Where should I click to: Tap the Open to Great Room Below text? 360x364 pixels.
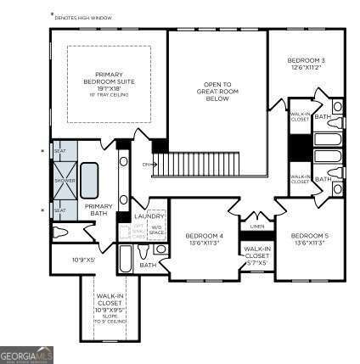(x=216, y=91)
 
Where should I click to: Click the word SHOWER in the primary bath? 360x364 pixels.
(x=60, y=179)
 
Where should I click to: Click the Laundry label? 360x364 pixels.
(x=149, y=217)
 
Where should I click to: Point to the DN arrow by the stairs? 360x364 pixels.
(x=147, y=163)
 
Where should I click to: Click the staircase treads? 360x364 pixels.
(x=204, y=161)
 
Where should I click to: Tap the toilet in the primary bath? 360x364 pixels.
(x=60, y=232)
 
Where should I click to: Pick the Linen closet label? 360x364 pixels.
(x=256, y=226)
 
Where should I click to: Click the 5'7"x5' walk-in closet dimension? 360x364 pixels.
(x=257, y=262)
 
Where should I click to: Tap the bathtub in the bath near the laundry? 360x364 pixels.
(x=126, y=256)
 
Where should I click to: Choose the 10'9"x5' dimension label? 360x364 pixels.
(x=83, y=260)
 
